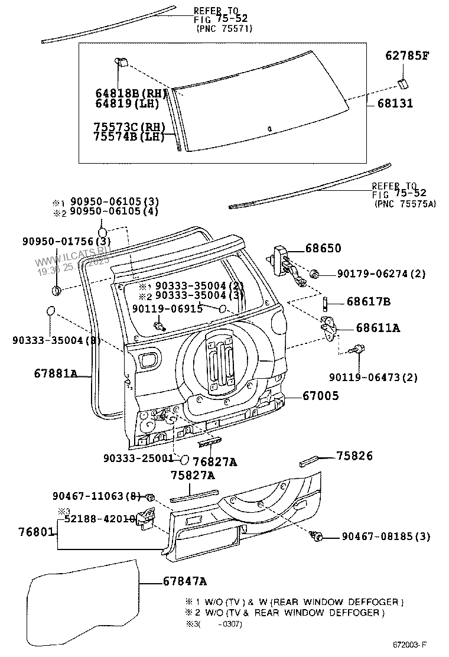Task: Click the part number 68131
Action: [x=392, y=103]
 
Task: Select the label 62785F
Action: [x=407, y=56]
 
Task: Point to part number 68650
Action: [x=323, y=249]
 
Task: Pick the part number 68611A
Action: [x=378, y=328]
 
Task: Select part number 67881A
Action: [x=56, y=373]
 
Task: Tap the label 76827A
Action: [x=214, y=463]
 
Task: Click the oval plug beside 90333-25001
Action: [x=184, y=458]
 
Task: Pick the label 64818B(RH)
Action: [x=131, y=93]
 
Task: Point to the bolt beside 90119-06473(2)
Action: [x=357, y=350]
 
